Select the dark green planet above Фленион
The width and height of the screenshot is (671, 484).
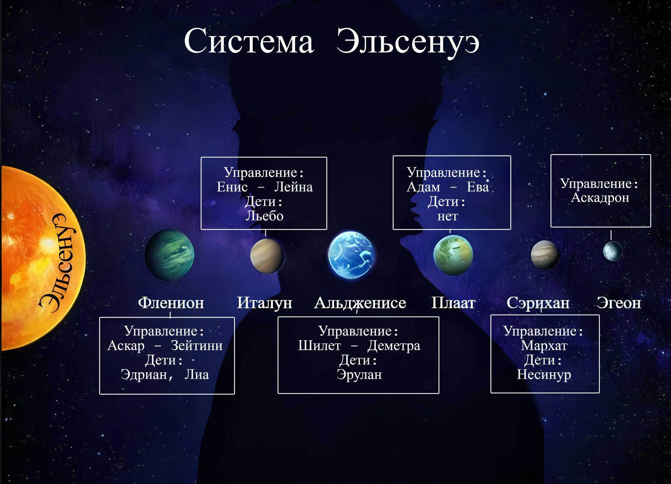169,255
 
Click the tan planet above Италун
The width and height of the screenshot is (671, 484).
267,256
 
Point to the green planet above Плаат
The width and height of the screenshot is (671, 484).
453,255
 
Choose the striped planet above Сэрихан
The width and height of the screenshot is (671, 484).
545,255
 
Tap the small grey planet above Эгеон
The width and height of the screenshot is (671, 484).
613,251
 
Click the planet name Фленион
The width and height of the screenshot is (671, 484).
171,303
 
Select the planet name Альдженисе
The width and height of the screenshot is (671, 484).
360,303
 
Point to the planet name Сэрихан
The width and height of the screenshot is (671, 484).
538,303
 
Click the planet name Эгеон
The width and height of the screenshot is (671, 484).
619,303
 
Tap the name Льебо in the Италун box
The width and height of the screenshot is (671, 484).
264,216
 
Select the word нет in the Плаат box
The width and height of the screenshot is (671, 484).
448,216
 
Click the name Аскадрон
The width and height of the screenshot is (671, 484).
600,198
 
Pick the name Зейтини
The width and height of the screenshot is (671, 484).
197,345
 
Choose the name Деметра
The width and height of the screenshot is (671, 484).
394,346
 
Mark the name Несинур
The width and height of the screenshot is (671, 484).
544,374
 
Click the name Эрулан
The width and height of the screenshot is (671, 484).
359,374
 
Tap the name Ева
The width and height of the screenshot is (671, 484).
478,187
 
